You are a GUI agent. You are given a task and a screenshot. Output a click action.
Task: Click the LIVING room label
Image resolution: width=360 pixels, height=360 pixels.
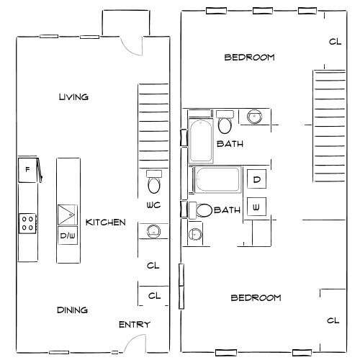(73, 97)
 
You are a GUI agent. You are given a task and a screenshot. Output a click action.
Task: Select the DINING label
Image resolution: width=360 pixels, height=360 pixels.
(72, 310)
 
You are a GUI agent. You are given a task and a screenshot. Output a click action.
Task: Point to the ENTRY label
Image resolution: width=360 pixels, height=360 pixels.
(134, 325)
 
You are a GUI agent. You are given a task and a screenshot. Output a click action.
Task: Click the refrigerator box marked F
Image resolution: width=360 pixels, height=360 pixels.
(27, 170)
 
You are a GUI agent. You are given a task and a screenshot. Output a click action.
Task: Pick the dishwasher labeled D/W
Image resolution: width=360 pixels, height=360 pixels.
(68, 235)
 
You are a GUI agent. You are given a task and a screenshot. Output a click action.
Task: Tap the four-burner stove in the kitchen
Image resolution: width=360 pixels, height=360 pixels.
(27, 222)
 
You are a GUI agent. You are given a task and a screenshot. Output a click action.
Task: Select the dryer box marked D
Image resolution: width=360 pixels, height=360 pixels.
(257, 180)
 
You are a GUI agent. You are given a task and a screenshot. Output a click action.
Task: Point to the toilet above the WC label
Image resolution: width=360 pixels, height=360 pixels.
(153, 184)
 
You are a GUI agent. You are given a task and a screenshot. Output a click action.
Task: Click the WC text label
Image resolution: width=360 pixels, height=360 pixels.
(153, 205)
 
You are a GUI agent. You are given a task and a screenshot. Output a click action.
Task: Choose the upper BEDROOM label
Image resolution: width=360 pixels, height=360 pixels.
(248, 58)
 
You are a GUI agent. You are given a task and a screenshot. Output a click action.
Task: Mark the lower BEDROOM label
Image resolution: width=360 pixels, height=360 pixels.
(255, 298)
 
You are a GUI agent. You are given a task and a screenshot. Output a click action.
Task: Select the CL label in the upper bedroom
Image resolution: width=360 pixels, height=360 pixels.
(334, 42)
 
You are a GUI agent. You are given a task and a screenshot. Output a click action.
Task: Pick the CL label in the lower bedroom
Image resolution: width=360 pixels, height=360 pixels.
(333, 321)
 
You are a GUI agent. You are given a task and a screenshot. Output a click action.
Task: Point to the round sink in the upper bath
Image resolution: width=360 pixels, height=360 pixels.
(255, 116)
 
